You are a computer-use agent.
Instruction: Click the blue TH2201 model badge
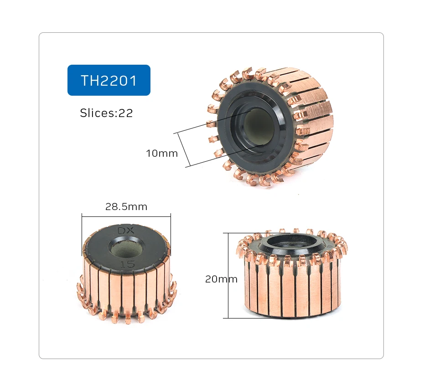click(109, 80)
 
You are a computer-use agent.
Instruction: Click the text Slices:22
click(106, 113)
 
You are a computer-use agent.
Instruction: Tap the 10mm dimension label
click(161, 153)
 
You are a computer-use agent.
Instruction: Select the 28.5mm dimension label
click(126, 206)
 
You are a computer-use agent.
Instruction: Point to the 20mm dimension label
click(221, 279)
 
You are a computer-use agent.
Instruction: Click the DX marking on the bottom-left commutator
click(126, 231)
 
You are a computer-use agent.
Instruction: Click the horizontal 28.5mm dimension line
click(126, 215)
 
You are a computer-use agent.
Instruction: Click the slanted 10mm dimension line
click(182, 149)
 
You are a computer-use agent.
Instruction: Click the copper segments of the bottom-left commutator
click(123, 289)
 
